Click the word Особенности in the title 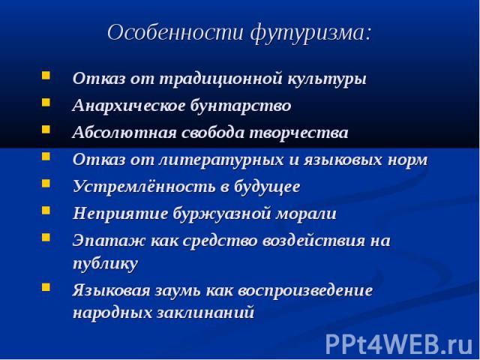(175, 32)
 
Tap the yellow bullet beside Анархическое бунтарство (46, 102)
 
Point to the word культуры (327, 79)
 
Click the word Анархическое (129, 106)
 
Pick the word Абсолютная (124, 133)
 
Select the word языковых (343, 160)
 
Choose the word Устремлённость (144, 187)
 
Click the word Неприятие (120, 213)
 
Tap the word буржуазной (222, 214)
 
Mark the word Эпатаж (109, 241)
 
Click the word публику (105, 263)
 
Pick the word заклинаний (205, 313)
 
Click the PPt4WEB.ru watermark (399, 345)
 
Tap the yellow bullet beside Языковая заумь (46, 286)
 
